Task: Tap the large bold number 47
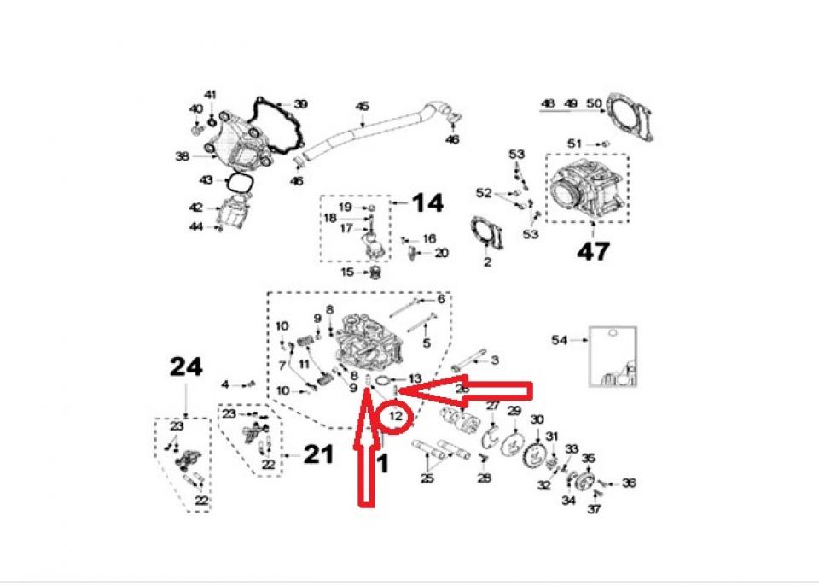point(594,251)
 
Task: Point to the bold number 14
point(428,203)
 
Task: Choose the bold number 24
point(186,367)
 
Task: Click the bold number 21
point(318,454)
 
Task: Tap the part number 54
point(559,340)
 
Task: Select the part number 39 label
point(300,104)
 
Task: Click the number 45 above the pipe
point(363,107)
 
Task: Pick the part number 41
point(210,94)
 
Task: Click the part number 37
point(594,509)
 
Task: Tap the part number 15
point(346,272)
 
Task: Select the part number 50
point(595,104)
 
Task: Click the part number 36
point(629,483)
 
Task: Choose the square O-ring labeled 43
point(239,184)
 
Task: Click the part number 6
point(441,299)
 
